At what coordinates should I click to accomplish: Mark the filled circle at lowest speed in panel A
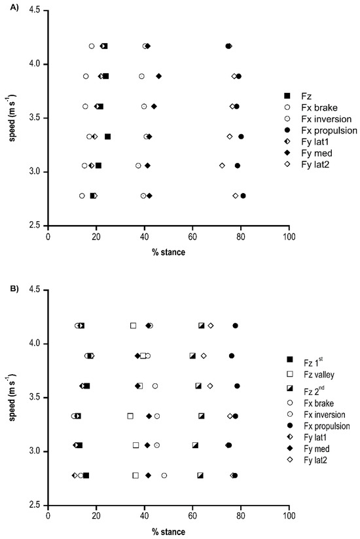243,196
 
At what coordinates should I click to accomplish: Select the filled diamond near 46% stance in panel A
158,76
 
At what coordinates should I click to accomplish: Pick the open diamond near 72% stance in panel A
222,165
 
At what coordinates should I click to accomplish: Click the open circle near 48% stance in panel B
164,476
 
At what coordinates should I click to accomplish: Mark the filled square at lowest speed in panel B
86,476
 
